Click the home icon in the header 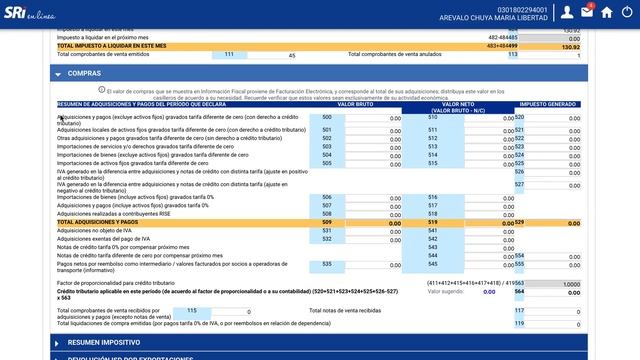click(x=607, y=13)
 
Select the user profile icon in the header click(x=567, y=13)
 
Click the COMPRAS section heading click(x=84, y=74)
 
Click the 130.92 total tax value click(x=570, y=46)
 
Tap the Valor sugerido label click(x=447, y=292)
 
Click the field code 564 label click(x=519, y=292)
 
